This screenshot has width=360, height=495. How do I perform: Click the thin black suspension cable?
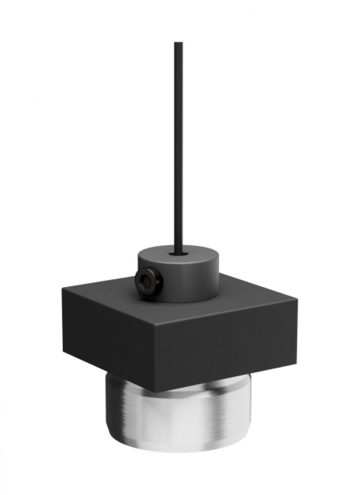click(179, 148)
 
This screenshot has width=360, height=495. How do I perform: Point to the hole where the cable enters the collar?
click(179, 254)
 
